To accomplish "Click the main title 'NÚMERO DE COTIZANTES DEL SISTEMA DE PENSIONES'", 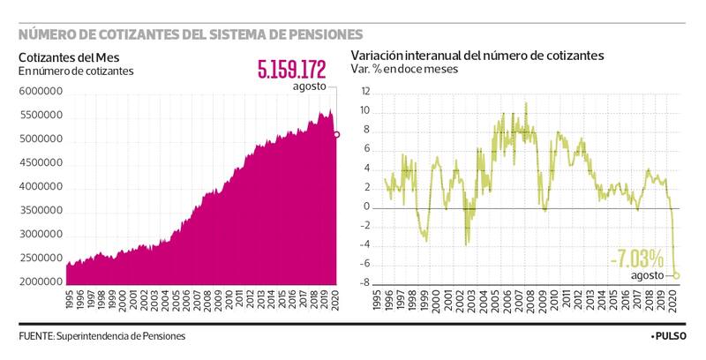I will pyautogui.click(x=191, y=34).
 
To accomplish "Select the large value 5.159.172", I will pyautogui.click(x=291, y=68).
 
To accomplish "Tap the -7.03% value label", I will pyautogui.click(x=636, y=259).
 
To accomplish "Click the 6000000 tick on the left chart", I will pyautogui.click(x=40, y=92).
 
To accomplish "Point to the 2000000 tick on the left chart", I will pyautogui.click(x=40, y=281).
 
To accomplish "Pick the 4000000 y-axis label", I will pyautogui.click(x=40, y=187).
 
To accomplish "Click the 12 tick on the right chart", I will pyautogui.click(x=364, y=93).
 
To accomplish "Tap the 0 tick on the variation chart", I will pyautogui.click(x=367, y=207).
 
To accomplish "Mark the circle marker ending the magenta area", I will pyautogui.click(x=336, y=134).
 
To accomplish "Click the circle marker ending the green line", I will pyautogui.click(x=677, y=274).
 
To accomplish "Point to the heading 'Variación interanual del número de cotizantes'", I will pyautogui.click(x=477, y=55).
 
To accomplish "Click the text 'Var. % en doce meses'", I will pyautogui.click(x=405, y=70).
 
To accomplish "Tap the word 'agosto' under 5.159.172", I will pyautogui.click(x=310, y=86).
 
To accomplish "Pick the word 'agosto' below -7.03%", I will pyautogui.click(x=648, y=275).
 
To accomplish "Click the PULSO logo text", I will pyautogui.click(x=670, y=337).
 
